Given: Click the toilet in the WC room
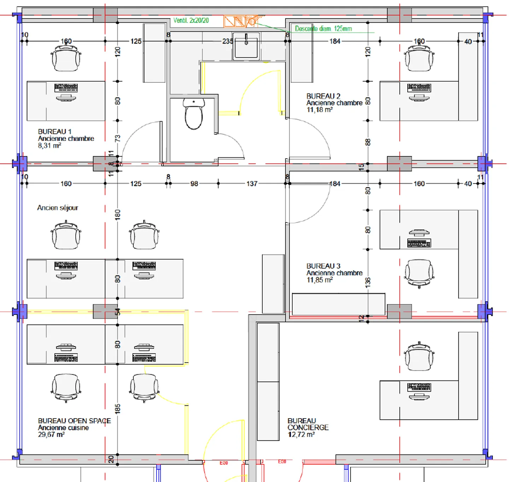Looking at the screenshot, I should pyautogui.click(x=193, y=114).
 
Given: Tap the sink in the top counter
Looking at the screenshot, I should pyautogui.click(x=246, y=46).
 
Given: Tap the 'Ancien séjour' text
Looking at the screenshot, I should pyautogui.click(x=58, y=208).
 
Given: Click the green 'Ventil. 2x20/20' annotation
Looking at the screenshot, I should pyautogui.click(x=191, y=20).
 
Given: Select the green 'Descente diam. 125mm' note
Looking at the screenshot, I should pyautogui.click(x=323, y=29).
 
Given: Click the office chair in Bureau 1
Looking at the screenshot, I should pyautogui.click(x=66, y=58).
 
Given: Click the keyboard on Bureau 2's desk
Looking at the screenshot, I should pyautogui.click(x=419, y=87).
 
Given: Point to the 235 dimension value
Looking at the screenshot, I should pyautogui.click(x=227, y=41).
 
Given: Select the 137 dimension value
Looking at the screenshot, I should pyautogui.click(x=252, y=184).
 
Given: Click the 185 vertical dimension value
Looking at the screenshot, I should pyautogui.click(x=118, y=409).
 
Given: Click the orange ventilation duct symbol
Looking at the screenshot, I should pyautogui.click(x=240, y=21).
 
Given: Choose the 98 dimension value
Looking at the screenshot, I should pyautogui.click(x=194, y=184).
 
